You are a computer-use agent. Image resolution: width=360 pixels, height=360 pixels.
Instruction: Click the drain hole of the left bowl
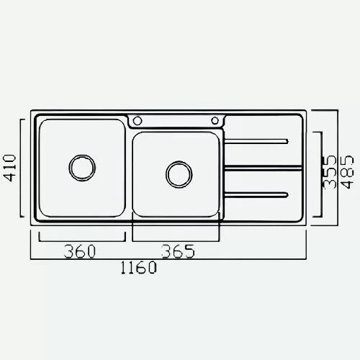pyautogui.click(x=81, y=167)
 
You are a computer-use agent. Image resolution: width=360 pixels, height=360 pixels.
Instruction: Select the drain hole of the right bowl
pyautogui.click(x=179, y=174)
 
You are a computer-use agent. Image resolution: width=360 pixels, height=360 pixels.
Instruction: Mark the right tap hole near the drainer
pyautogui.click(x=215, y=120)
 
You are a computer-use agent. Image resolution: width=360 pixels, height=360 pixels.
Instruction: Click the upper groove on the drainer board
pyautogui.click(x=259, y=140)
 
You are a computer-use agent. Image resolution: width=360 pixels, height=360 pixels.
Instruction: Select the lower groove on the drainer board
pyautogui.click(x=259, y=194)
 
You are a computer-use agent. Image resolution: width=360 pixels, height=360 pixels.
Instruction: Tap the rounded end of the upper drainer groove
pyautogui.click(x=287, y=140)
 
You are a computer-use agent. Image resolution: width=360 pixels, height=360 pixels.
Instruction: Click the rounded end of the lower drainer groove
pyautogui.click(x=287, y=194)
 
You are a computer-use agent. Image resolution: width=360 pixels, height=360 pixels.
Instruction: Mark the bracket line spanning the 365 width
pyautogui.click(x=176, y=240)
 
